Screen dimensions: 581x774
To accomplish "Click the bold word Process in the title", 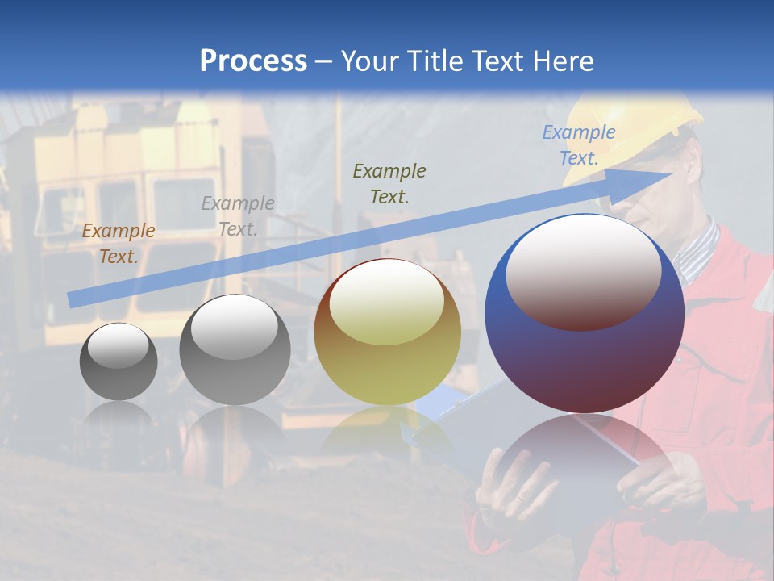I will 253,61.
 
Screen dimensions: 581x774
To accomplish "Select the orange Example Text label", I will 118,243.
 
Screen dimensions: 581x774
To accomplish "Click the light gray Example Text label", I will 238,215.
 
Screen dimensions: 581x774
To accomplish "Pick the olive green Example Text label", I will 389,183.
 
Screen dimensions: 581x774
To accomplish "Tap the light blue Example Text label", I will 579,144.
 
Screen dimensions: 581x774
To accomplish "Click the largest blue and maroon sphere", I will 585,355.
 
